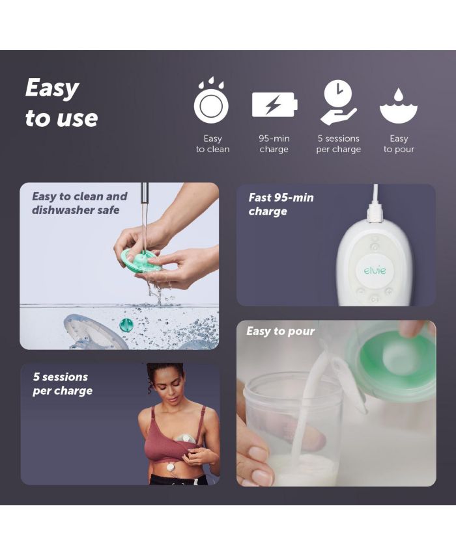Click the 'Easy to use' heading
[61, 103]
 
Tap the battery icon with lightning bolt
[274, 105]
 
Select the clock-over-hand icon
[339, 101]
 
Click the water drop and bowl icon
[399, 105]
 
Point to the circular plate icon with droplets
[211, 101]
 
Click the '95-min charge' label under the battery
[274, 144]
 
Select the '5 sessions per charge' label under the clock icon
[339, 144]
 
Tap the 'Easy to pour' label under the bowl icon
[399, 144]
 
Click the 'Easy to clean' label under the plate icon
[213, 144]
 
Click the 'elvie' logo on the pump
[375, 271]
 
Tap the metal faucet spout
[145, 196]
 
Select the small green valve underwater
[125, 324]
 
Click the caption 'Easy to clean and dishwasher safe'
[79, 203]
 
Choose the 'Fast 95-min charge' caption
[281, 204]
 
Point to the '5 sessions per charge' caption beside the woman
[63, 384]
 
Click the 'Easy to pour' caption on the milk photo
[281, 331]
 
